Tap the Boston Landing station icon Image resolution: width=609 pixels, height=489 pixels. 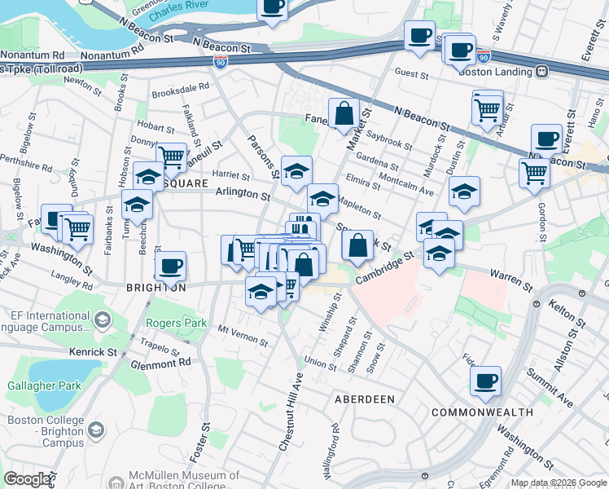coord(541,72)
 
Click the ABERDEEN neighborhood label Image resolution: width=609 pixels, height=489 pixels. coord(365,399)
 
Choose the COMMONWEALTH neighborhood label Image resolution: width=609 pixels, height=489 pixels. coord(482,412)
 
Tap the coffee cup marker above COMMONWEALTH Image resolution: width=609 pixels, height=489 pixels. coord(485,380)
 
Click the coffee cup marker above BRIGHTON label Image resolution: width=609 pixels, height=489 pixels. coord(171,265)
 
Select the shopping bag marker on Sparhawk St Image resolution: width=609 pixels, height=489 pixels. coord(357,244)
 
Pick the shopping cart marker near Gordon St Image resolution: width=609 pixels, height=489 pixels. coord(534,172)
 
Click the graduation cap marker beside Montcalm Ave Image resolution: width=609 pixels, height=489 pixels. coord(464,191)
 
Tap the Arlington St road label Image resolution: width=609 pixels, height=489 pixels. coord(243,196)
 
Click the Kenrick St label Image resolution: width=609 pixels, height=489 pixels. coord(93,351)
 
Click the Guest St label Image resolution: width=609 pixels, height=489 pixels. coord(412,74)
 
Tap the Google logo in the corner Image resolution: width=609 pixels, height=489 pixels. coord(27,479)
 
